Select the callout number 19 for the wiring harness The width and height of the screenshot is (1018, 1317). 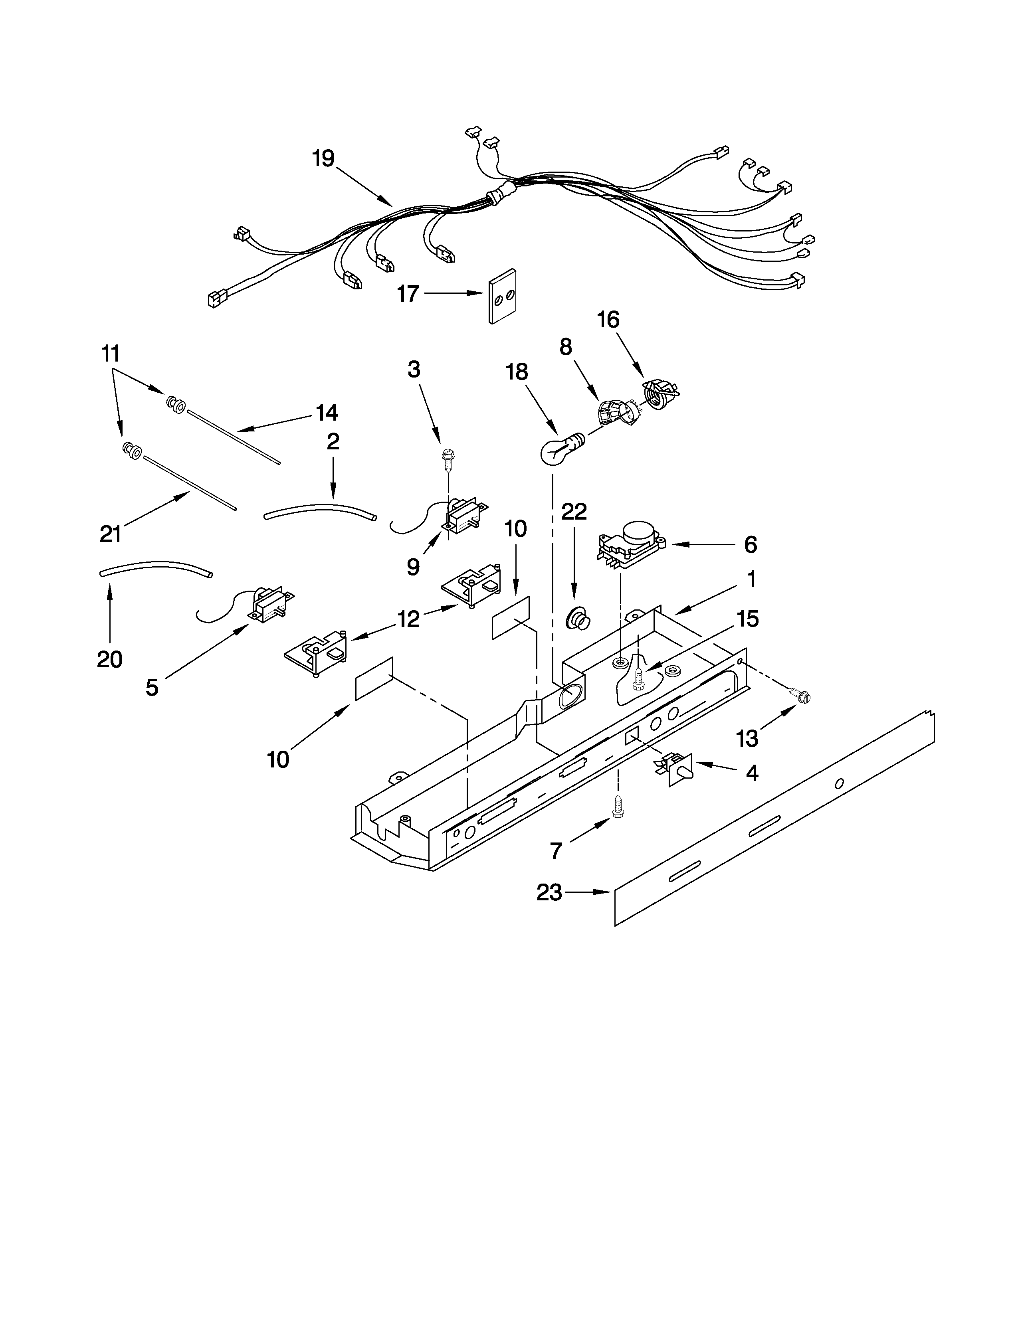coord(323,158)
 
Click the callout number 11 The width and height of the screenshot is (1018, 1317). coord(110,353)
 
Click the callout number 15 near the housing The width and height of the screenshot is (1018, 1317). coord(748,619)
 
